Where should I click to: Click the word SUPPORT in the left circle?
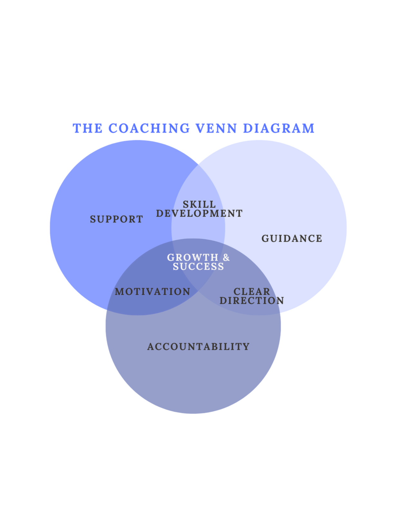click(116, 219)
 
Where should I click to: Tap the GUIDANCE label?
click(292, 239)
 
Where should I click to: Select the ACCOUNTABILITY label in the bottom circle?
click(198, 347)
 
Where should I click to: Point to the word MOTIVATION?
click(153, 292)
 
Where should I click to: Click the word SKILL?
click(199, 204)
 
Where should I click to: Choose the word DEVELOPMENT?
click(199, 214)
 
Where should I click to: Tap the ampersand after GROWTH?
click(226, 258)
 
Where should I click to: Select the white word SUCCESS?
click(198, 267)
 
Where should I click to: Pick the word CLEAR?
click(252, 292)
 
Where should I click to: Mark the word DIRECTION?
click(252, 301)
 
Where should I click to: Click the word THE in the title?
click(88, 128)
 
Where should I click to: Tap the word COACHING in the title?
click(149, 128)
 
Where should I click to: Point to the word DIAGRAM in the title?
click(278, 128)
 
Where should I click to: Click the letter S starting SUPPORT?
click(93, 219)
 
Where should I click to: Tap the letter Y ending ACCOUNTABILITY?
click(246, 347)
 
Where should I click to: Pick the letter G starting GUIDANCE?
click(265, 239)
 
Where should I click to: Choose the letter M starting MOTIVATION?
click(119, 292)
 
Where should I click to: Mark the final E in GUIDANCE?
click(319, 239)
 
